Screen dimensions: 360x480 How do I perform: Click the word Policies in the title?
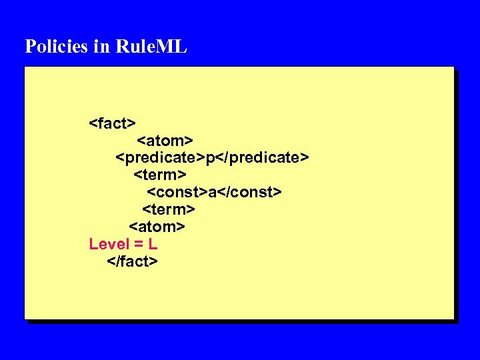point(56,47)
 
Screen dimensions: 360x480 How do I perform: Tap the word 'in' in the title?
point(101,47)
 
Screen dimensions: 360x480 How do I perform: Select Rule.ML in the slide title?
point(151,47)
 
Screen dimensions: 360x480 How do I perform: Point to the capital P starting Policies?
point(30,47)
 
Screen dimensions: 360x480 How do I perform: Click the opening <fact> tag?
point(113,123)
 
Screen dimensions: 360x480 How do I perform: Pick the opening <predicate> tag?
point(160,157)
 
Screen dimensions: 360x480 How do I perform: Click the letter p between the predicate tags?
point(210,158)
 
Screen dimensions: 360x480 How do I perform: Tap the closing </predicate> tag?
point(262,157)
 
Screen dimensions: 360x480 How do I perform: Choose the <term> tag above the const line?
point(160,175)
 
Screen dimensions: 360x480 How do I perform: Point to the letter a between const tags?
point(212,193)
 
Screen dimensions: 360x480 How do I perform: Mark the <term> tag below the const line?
point(169,209)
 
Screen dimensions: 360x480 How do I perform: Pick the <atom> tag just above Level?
point(157,227)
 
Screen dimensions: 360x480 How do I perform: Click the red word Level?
point(109,244)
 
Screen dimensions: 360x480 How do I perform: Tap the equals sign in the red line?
point(139,245)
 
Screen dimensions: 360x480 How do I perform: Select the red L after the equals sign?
point(153,244)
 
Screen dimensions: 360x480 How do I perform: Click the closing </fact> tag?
point(133,261)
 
